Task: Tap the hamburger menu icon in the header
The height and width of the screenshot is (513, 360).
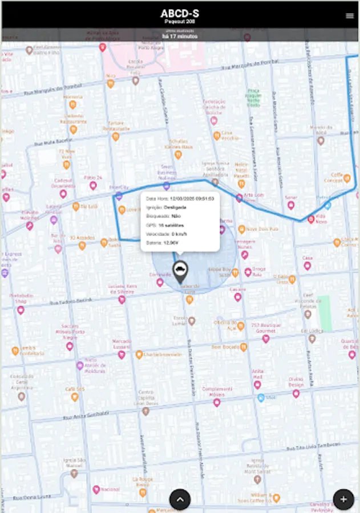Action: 349,16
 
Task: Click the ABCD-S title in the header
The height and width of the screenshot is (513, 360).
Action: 180,14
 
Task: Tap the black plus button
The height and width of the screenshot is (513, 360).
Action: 343,499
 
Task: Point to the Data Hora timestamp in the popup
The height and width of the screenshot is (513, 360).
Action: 180,198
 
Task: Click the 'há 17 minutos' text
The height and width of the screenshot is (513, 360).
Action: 180,36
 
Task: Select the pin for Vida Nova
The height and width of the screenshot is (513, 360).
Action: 312,218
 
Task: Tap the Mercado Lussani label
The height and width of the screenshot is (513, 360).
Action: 122,344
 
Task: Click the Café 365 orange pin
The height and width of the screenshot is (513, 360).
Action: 75,397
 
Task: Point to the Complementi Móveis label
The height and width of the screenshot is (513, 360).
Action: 217,392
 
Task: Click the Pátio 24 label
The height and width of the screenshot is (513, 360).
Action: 93,177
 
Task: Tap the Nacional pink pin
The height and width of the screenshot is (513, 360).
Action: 96,489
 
